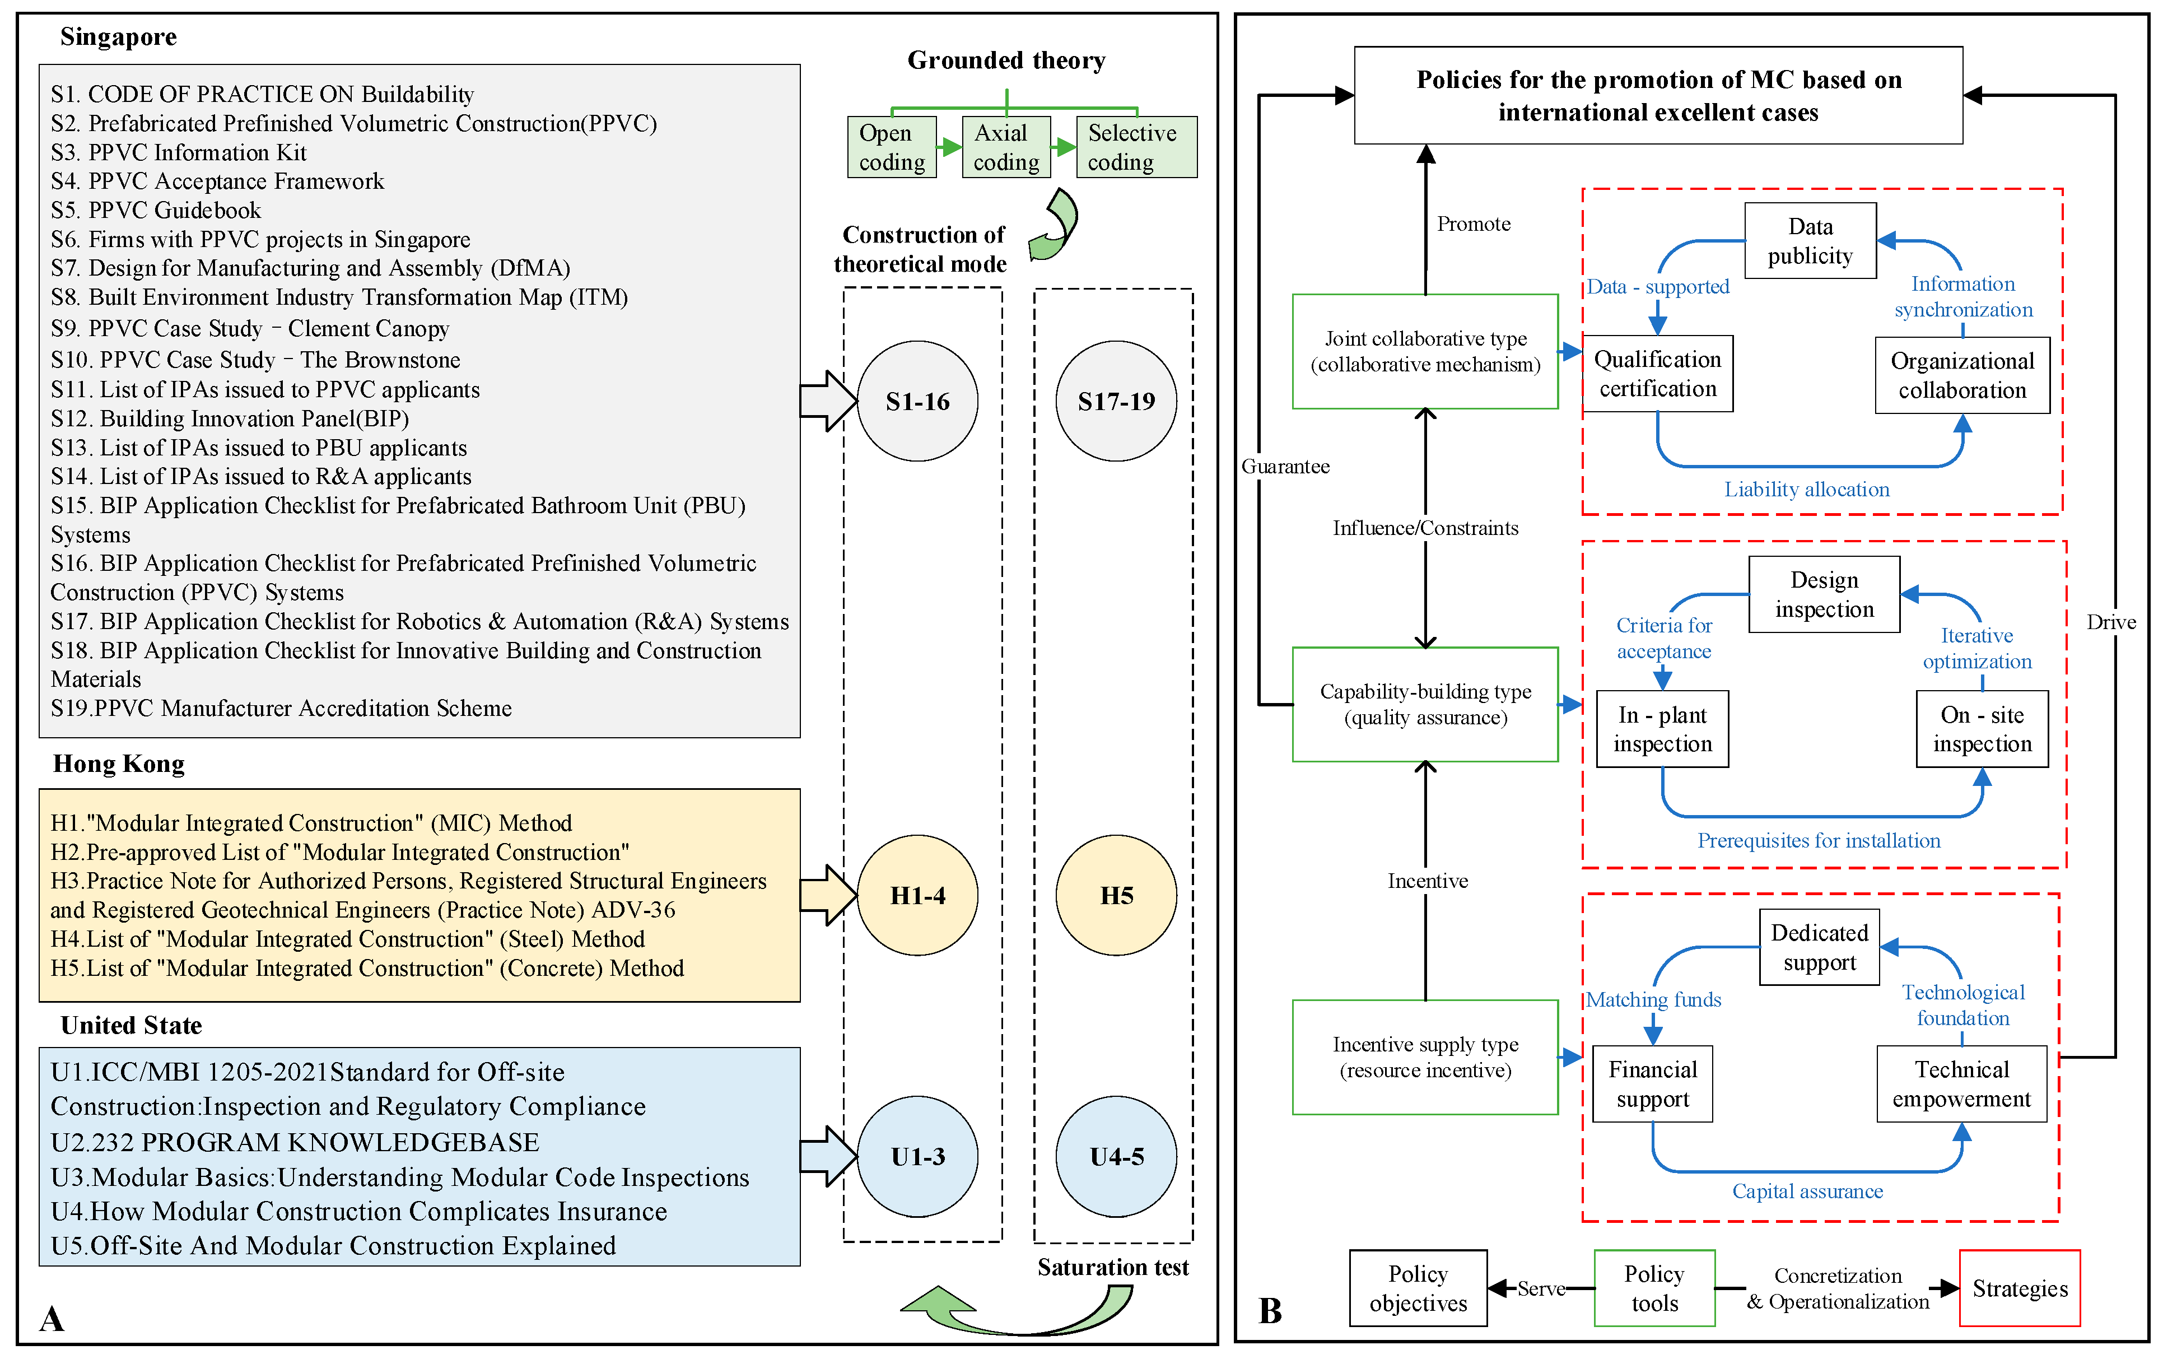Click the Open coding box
tap(892, 147)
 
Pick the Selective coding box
tap(1136, 147)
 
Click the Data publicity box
tap(1810, 241)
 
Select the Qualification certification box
tap(1657, 374)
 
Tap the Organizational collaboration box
tap(1962, 375)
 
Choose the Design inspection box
tap(1824, 594)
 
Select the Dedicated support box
tap(1819, 948)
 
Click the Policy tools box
tap(1654, 1288)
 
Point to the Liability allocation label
tap(1806, 490)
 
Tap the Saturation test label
tap(1113, 1267)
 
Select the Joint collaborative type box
tap(1425, 351)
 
